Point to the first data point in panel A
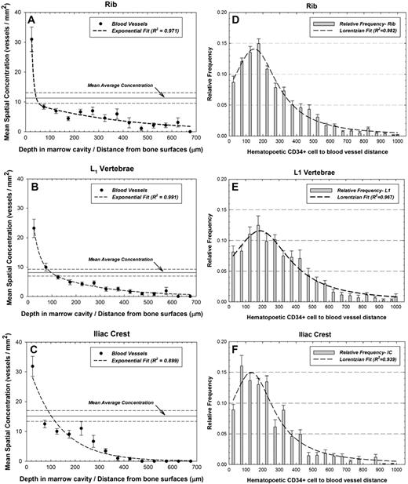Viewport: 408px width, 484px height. (x=31, y=39)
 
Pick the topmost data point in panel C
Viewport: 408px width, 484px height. (x=32, y=366)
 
